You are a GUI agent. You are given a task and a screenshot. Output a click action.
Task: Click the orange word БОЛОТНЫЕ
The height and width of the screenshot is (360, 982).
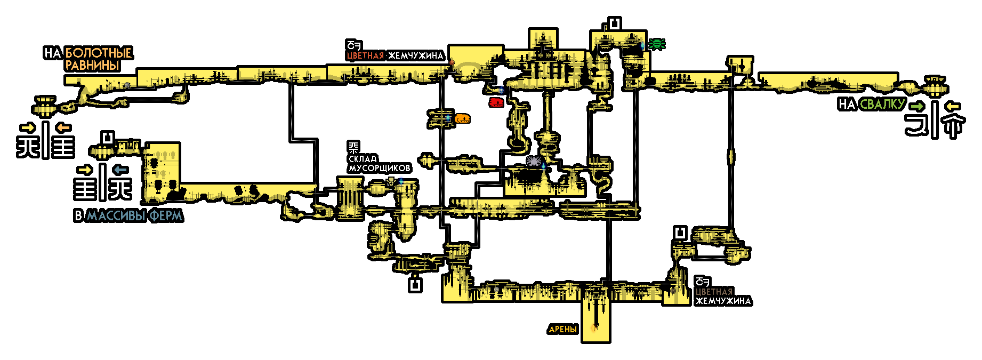(98, 53)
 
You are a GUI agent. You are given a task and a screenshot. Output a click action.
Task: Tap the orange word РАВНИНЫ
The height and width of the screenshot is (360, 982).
(92, 66)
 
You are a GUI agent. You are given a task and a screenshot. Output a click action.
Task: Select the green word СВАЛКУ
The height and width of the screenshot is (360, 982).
(882, 105)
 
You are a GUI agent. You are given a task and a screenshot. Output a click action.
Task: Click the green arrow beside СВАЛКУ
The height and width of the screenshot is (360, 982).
(917, 106)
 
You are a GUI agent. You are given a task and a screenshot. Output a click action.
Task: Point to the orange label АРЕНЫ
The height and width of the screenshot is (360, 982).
(563, 330)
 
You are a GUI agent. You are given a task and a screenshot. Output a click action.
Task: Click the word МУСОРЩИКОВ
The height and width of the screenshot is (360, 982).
(380, 169)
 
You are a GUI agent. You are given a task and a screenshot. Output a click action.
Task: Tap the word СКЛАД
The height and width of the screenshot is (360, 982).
(363, 159)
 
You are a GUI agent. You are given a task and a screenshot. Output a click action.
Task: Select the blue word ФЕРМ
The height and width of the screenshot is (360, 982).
(166, 216)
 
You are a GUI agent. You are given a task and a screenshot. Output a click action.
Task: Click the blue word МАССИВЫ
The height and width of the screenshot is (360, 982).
(116, 216)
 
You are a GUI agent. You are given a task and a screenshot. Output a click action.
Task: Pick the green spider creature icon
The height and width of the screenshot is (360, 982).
(657, 44)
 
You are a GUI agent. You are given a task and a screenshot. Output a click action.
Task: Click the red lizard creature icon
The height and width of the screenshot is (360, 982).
(496, 102)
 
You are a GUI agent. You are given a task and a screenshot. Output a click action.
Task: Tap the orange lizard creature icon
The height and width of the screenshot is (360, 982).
(462, 118)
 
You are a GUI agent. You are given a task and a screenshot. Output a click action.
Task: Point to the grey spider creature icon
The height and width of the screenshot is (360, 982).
(533, 161)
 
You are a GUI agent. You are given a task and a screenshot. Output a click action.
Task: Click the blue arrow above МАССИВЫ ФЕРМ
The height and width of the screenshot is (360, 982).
(120, 170)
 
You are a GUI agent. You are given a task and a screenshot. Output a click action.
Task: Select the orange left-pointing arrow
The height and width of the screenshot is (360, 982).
(63, 128)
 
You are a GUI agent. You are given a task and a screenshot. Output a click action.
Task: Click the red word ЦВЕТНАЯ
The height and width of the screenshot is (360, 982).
(365, 56)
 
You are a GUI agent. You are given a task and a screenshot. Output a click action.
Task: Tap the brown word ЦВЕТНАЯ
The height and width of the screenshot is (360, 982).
(714, 292)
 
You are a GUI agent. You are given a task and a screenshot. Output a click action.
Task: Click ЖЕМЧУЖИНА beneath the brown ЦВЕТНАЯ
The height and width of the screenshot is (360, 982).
(723, 301)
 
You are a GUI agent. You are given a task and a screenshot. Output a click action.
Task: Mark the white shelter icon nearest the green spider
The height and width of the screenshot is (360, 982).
(615, 24)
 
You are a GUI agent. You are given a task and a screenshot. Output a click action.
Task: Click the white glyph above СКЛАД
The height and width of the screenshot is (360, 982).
(353, 148)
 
